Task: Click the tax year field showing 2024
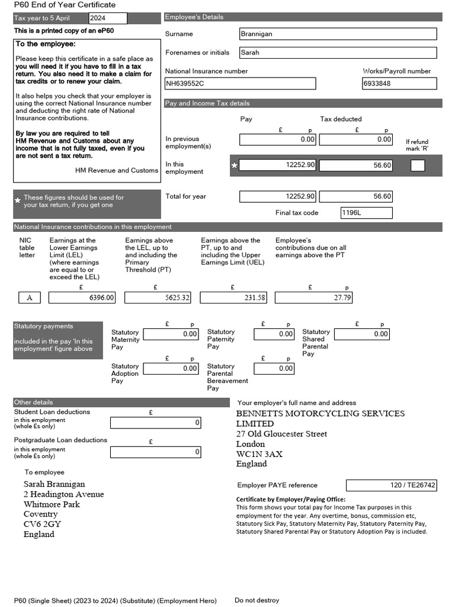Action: [107, 18]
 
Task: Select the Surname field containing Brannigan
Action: [338, 34]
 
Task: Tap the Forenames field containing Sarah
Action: [338, 52]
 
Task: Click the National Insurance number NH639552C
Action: [240, 84]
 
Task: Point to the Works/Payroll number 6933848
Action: [399, 84]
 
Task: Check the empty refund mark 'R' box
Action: [418, 165]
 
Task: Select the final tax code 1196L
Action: [366, 213]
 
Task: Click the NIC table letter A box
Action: [30, 298]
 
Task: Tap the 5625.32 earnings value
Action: [158, 298]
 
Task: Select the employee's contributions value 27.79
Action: [313, 298]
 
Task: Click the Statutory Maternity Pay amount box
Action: [171, 334]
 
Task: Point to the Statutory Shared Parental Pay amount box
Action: [362, 334]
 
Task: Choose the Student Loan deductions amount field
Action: [155, 423]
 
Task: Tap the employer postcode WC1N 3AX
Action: [259, 454]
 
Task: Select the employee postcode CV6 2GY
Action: [42, 524]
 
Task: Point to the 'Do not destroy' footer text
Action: [257, 600]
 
